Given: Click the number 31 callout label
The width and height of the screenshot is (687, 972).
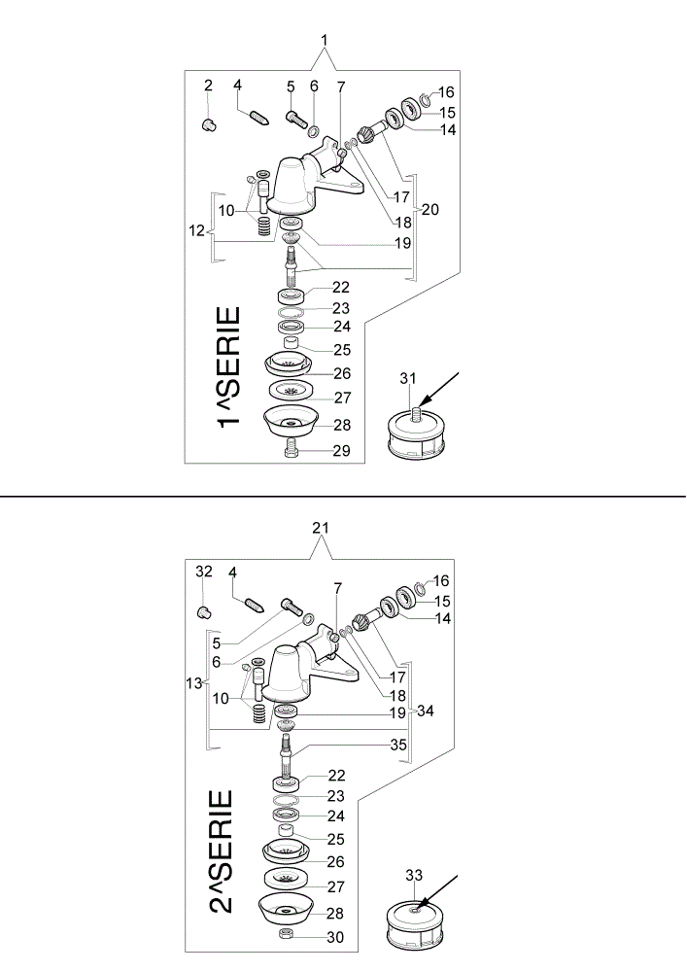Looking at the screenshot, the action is [x=407, y=378].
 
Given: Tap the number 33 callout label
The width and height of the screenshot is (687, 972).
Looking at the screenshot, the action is [x=414, y=876].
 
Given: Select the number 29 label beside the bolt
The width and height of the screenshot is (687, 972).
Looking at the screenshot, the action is [x=341, y=451].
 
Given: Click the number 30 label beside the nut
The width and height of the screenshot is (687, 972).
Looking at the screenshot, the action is [x=335, y=937].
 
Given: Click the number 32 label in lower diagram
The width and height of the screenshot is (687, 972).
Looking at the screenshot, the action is [x=204, y=572].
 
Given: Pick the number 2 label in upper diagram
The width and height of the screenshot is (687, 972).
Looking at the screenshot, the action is [x=208, y=86].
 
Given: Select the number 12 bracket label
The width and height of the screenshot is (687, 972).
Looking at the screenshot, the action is [x=196, y=230].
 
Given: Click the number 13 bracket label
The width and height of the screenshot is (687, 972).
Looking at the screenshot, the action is [x=194, y=683].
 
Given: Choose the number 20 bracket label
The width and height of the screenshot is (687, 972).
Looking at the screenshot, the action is [x=429, y=210].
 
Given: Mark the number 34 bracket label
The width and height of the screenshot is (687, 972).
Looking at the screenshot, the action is [x=425, y=711].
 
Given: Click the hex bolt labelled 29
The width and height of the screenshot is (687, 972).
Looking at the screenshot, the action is [x=292, y=449].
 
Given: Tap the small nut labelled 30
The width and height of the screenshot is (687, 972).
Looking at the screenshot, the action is [x=286, y=934].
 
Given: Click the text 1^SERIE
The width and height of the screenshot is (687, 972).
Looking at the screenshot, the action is [x=228, y=367].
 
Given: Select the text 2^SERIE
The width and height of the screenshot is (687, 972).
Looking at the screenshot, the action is [x=222, y=851].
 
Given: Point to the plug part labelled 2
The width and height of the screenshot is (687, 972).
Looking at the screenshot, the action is [x=208, y=124].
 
